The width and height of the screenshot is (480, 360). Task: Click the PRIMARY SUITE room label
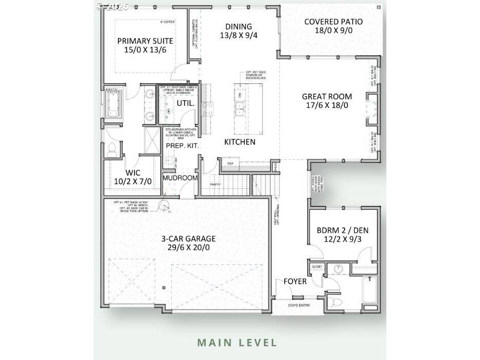(x=145, y=41)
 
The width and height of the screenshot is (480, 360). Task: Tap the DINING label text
(x=239, y=27)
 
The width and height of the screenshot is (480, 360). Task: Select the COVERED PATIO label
(x=333, y=22)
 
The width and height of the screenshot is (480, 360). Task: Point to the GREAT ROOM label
(x=327, y=96)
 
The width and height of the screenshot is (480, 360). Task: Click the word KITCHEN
(x=240, y=141)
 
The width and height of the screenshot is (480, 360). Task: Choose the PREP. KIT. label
(x=182, y=146)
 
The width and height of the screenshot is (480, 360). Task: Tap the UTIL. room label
(x=185, y=103)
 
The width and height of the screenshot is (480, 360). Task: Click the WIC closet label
(x=133, y=172)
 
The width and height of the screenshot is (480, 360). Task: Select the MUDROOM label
(x=180, y=178)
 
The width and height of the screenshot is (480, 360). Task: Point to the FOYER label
(x=295, y=281)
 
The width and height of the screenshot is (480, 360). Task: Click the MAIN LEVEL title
(x=237, y=342)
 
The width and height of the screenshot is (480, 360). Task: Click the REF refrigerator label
(x=230, y=164)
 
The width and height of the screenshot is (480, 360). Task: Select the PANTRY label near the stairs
(x=215, y=184)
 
